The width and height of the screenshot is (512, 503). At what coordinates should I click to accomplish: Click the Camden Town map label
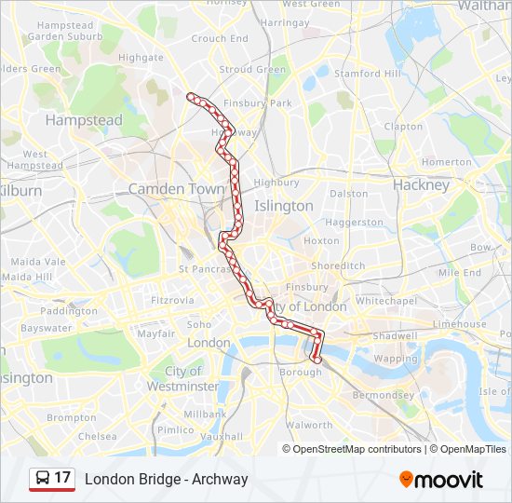coord(176,189)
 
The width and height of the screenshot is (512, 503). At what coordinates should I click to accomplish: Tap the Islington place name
coord(284,206)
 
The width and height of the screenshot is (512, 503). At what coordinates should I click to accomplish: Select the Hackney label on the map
coord(421,185)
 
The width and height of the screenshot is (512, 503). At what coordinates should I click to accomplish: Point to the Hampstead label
coord(84,121)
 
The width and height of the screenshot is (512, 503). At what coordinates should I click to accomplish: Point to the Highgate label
coord(141,58)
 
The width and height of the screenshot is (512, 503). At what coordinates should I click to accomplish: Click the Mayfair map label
coord(155,333)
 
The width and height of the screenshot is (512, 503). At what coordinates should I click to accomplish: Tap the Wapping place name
coord(396,359)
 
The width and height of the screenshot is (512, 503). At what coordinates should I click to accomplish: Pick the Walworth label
coord(310,426)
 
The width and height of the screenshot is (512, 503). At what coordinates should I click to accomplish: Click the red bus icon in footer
coord(41,479)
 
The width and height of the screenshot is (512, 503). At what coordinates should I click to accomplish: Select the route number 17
coord(62,478)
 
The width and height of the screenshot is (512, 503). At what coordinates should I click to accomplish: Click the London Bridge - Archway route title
coord(167,480)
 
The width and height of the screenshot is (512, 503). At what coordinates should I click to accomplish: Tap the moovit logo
coord(441,480)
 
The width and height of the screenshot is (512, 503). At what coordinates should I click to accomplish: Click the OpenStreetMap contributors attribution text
coord(357,449)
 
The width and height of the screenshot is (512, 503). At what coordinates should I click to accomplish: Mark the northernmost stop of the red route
coord(191,96)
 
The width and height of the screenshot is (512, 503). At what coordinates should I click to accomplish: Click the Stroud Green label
coord(252,70)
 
